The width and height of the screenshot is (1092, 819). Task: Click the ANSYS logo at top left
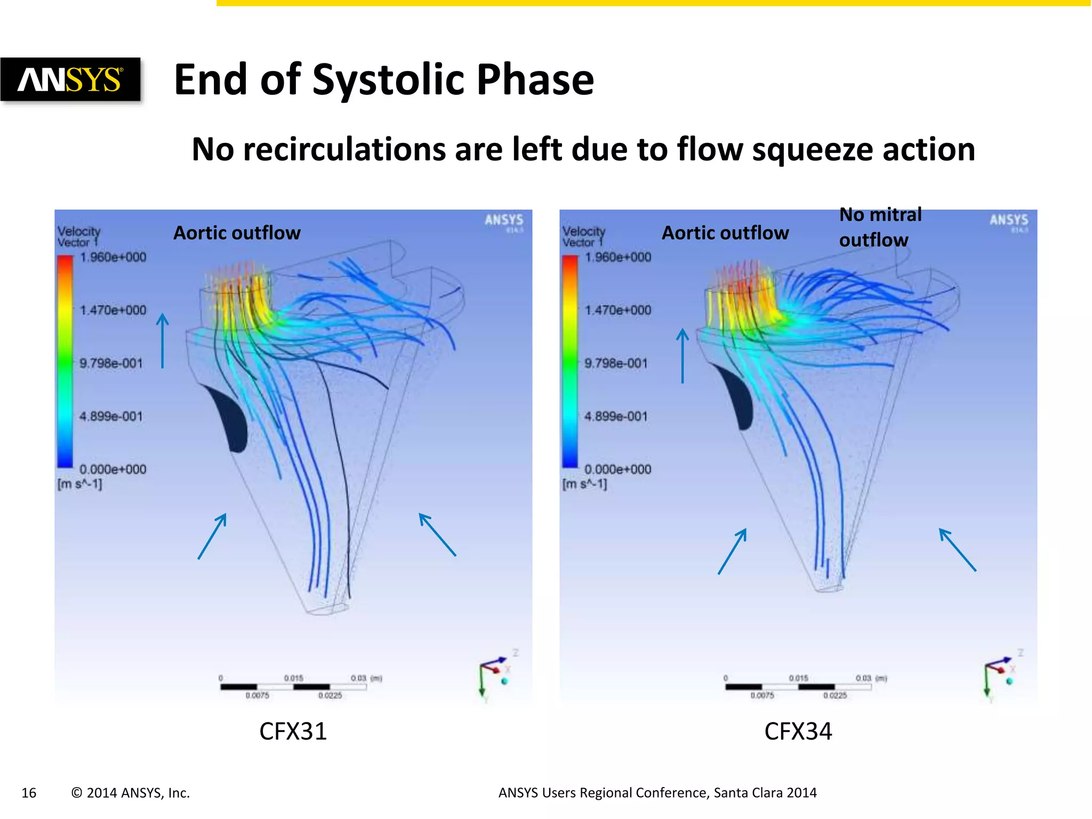click(70, 80)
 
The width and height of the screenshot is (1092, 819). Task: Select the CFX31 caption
click(293, 731)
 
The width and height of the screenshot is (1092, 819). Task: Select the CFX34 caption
click(798, 731)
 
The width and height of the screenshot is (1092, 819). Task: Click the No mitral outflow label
click(880, 227)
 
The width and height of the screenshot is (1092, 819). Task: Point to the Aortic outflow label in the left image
click(237, 233)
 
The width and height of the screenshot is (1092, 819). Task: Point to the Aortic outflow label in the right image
click(725, 233)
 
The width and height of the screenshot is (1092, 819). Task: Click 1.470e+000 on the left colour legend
click(113, 310)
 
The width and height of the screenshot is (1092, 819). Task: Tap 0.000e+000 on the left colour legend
click(113, 469)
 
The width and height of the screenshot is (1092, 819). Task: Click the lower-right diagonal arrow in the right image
click(957, 549)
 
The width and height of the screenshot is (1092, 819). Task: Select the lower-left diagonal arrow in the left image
click(212, 536)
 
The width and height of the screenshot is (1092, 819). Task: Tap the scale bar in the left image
click(293, 687)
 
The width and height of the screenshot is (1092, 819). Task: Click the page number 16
click(29, 793)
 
